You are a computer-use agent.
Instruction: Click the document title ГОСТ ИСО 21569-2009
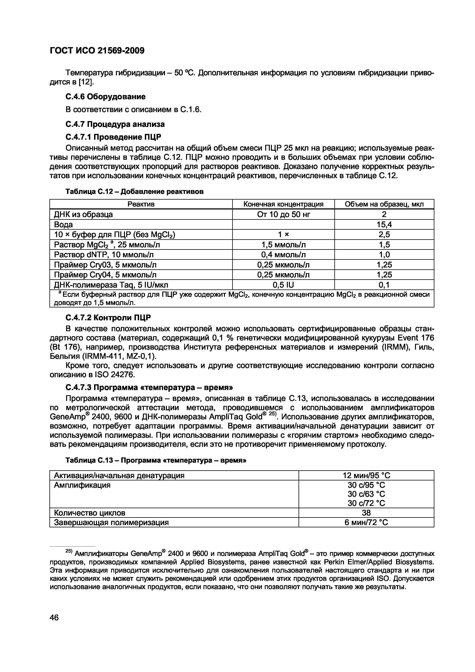click(x=97, y=51)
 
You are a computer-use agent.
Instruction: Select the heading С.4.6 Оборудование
click(x=105, y=96)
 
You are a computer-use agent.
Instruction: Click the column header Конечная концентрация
click(x=283, y=204)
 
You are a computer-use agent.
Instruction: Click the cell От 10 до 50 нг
click(x=283, y=215)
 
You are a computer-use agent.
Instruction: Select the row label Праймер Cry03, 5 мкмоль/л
click(x=105, y=265)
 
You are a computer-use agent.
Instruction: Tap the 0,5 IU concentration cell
click(x=283, y=285)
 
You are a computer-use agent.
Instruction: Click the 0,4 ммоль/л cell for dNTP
click(x=283, y=255)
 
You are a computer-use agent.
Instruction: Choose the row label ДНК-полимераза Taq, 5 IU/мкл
click(x=111, y=285)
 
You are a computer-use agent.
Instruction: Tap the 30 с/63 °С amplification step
click(x=366, y=494)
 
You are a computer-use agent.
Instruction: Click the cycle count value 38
click(x=366, y=512)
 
